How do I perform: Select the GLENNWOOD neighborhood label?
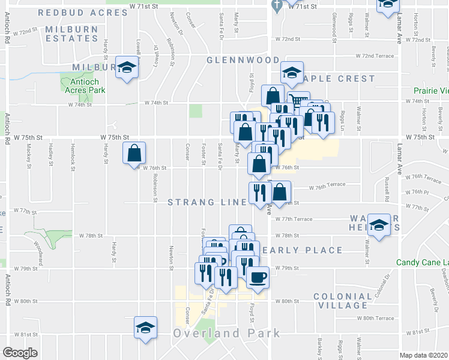pyautogui.click(x=243, y=60)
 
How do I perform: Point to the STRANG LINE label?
pyautogui.click(x=207, y=202)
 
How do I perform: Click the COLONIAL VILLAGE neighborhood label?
pyautogui.click(x=351, y=301)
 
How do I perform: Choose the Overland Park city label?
pyautogui.click(x=227, y=333)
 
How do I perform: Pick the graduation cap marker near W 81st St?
pyautogui.click(x=145, y=328)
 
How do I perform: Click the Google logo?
pyautogui.click(x=20, y=353)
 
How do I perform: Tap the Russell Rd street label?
pyautogui.click(x=387, y=192)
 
